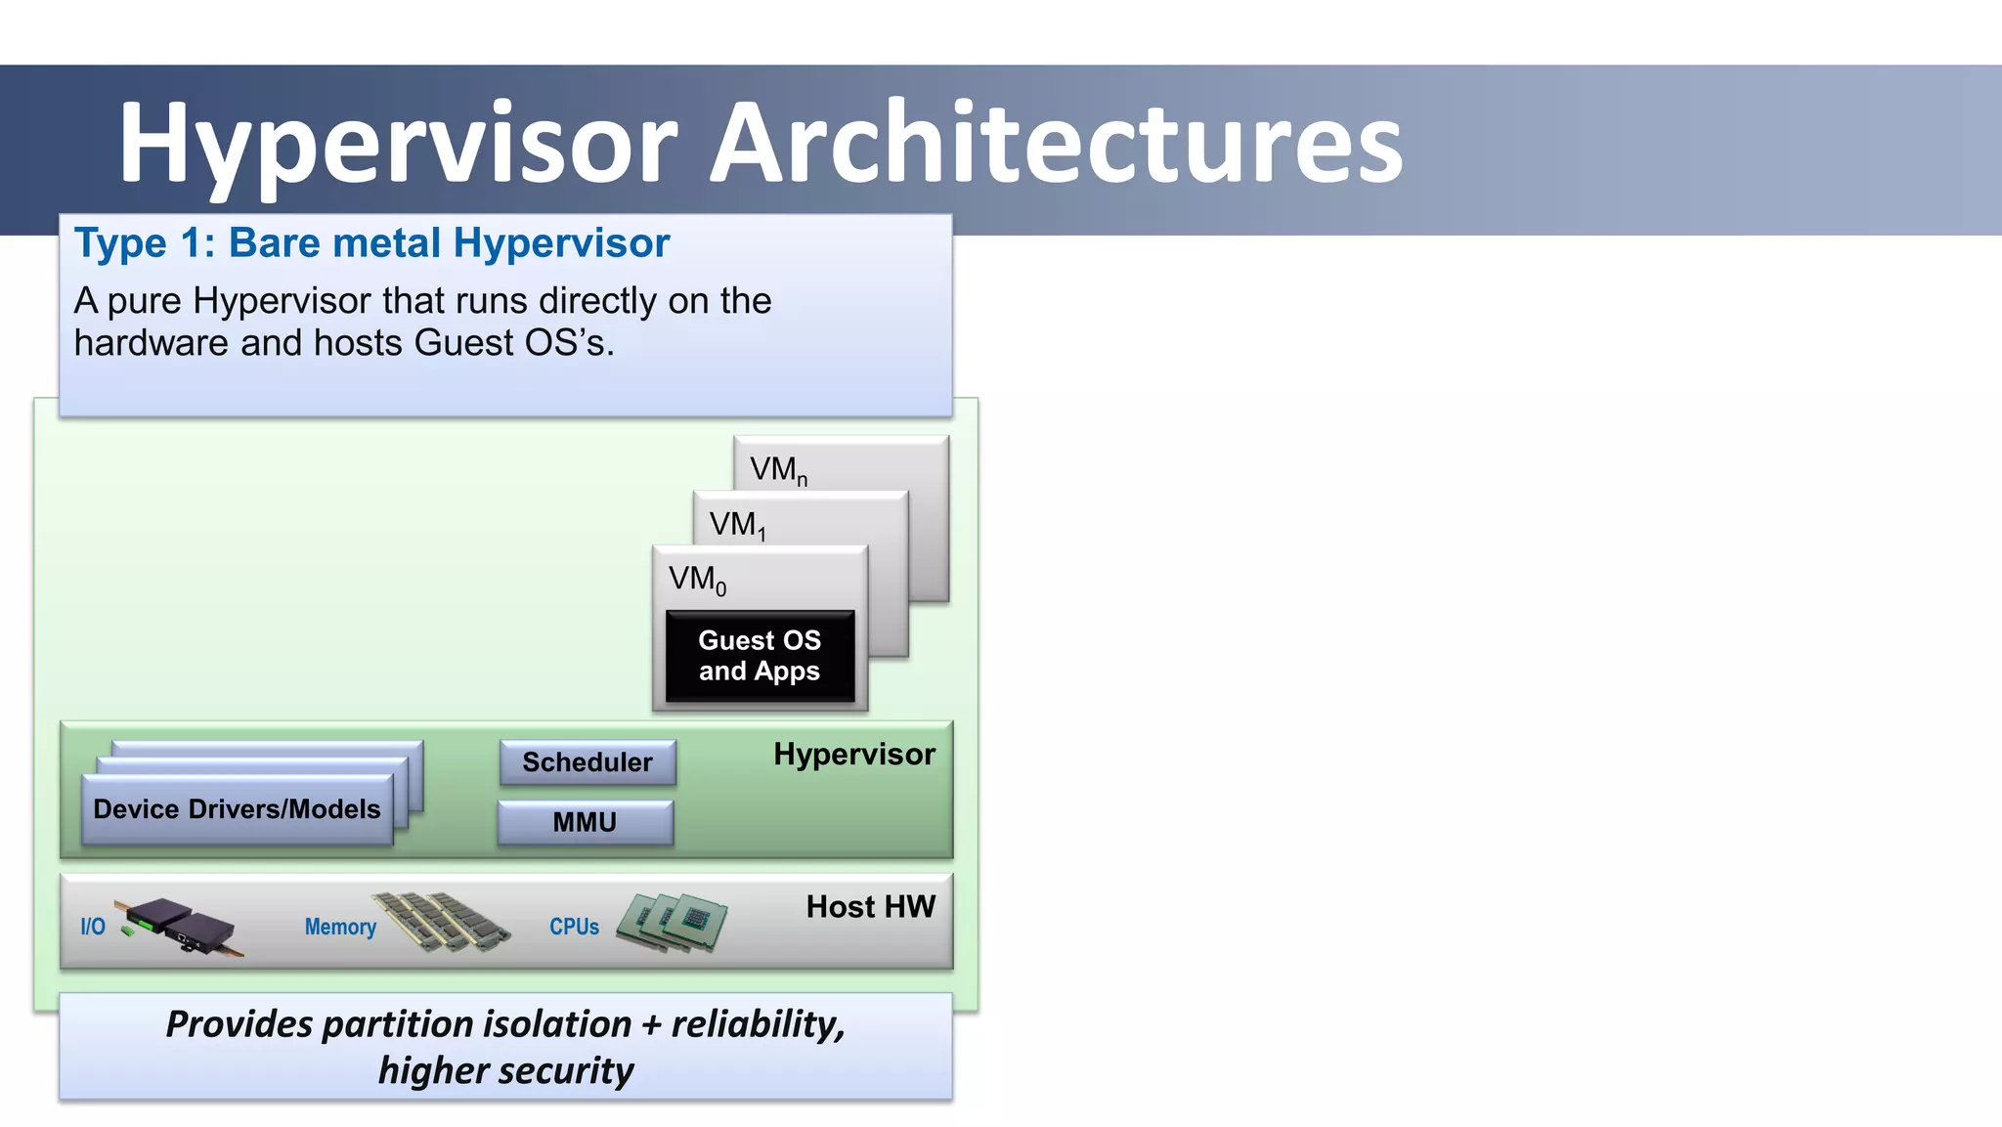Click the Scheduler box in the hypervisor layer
[588, 762]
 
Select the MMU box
[585, 822]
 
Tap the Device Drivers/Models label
[237, 809]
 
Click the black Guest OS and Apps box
[760, 656]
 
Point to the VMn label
[778, 470]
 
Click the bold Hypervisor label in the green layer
[853, 755]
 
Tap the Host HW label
[870, 907]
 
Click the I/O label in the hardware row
[93, 927]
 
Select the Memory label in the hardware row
[340, 927]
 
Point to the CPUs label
[574, 927]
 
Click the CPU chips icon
[673, 922]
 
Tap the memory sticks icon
[442, 921]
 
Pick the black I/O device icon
[181, 925]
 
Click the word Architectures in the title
[1056, 143]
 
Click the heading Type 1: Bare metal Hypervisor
[371, 242]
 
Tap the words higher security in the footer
[505, 1070]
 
